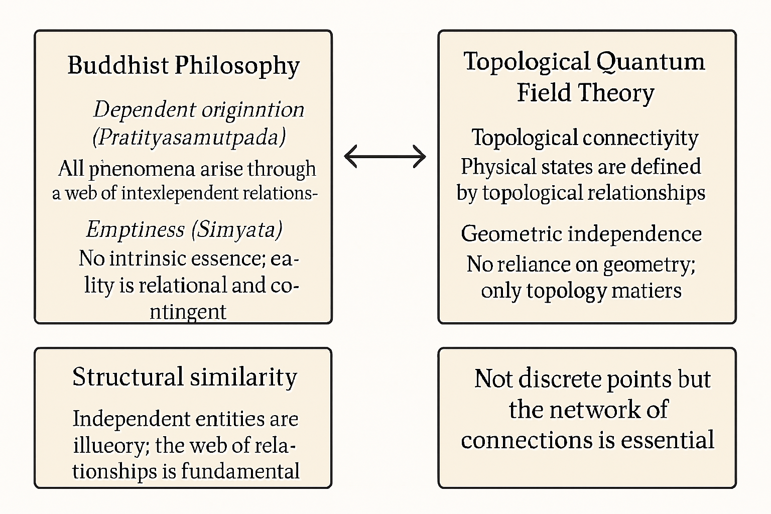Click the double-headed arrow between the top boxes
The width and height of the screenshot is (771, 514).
[x=385, y=156]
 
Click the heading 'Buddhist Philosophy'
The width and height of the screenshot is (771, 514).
[x=183, y=65]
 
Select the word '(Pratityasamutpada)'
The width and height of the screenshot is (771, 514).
[x=189, y=137]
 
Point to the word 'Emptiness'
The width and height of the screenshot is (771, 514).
[x=135, y=229]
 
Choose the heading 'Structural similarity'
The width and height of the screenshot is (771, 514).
[x=184, y=377]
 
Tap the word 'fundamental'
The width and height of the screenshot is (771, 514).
[x=240, y=471]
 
